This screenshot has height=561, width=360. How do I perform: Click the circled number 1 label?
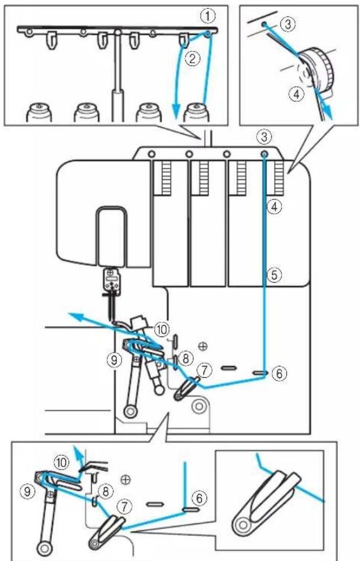[x=208, y=15]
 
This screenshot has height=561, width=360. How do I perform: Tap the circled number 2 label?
[x=192, y=58]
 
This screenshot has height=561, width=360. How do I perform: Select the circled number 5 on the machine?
[x=275, y=275]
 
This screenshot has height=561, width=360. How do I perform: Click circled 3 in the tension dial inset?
[x=287, y=24]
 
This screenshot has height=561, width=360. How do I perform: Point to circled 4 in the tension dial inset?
[x=296, y=94]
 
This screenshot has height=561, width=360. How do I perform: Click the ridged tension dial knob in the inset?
[x=317, y=71]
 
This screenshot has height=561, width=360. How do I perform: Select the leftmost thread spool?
[x=39, y=112]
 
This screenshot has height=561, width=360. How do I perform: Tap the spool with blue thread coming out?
[x=196, y=112]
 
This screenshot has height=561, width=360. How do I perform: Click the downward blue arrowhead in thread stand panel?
[x=175, y=111]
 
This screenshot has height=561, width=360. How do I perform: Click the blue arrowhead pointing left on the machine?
[x=75, y=316]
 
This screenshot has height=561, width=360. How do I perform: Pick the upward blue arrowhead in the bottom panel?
[x=77, y=450]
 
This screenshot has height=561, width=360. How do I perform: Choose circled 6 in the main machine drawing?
[x=280, y=373]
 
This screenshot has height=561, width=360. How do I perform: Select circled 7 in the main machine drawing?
[x=205, y=370]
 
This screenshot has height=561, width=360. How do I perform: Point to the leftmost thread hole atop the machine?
[x=151, y=154]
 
